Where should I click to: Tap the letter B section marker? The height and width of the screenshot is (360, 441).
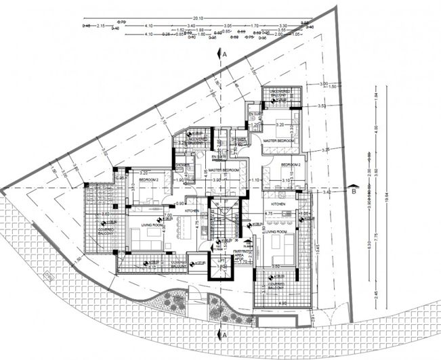(354, 191)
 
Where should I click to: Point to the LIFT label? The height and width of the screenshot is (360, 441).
(221, 259)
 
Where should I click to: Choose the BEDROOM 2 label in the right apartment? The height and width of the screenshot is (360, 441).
(291, 164)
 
